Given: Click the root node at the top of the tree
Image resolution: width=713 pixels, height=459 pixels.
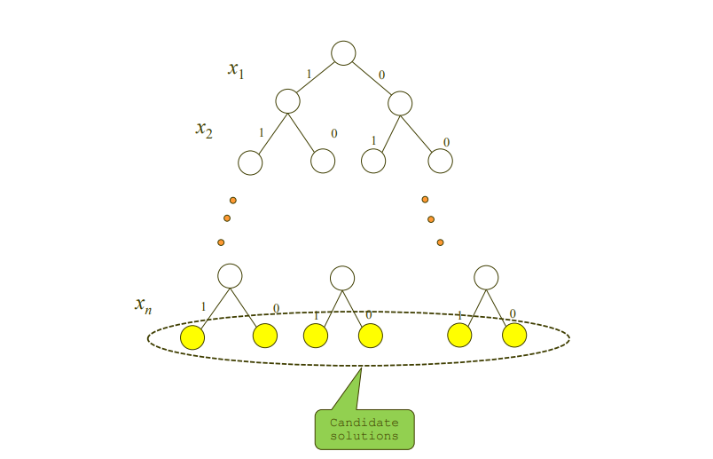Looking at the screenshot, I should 343,53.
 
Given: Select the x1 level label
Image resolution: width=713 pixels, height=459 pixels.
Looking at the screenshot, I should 235,69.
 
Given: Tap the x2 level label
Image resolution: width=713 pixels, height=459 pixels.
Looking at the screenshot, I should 204,130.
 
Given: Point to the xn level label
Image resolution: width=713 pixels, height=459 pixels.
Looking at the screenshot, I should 143,305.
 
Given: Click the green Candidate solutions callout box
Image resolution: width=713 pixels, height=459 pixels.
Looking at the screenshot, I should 364,429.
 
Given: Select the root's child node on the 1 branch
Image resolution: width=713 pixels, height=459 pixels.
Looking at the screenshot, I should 287,101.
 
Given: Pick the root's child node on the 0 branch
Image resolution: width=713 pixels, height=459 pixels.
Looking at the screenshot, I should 400,102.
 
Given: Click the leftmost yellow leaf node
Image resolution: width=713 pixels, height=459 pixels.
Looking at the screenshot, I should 192,337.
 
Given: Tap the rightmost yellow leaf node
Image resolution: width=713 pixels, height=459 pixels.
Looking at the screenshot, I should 514,336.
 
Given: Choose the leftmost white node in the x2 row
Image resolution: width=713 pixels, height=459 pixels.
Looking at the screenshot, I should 250,163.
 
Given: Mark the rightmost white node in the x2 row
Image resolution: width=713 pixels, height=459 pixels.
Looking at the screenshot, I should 441,161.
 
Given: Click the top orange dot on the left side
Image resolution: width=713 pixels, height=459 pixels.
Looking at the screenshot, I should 233,200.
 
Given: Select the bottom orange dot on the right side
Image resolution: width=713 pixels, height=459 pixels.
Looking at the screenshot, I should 440,241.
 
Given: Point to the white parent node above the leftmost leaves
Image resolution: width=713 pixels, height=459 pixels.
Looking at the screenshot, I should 230,276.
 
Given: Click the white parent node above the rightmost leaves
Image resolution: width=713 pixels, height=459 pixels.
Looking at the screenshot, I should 486,277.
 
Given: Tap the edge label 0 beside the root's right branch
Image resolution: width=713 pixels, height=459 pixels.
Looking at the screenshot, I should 382,75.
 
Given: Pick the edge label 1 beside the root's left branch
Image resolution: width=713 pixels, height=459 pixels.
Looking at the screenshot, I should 309,74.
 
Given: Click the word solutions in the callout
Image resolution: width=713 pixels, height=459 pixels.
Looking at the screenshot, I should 364,436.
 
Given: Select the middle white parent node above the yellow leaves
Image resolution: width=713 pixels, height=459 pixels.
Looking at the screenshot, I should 342,278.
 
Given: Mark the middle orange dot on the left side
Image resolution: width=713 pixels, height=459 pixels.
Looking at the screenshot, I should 227,218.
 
